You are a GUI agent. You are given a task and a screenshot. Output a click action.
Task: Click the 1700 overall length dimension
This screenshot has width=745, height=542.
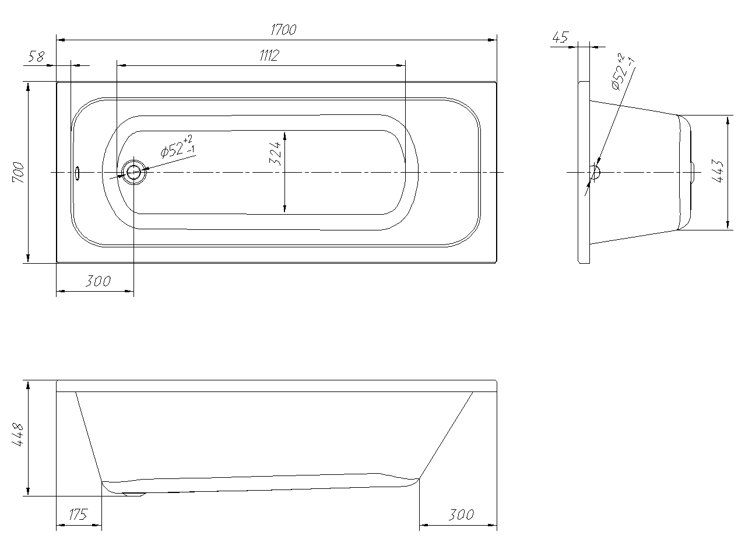283,30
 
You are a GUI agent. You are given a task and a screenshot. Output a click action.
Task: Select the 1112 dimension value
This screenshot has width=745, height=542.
269,55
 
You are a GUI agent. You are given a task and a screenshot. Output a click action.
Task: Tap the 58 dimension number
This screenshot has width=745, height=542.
36,56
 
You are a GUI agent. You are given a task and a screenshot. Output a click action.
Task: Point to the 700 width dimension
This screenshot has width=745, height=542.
19,173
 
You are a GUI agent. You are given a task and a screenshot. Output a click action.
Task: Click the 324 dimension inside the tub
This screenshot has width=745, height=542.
275,153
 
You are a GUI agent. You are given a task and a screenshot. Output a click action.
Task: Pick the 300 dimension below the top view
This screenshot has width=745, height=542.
98,281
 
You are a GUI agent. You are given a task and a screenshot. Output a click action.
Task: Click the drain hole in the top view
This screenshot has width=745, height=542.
133,172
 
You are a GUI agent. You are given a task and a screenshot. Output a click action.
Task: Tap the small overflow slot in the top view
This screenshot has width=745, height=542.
77,173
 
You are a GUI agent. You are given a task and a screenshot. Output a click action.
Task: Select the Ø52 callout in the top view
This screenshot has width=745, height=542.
178,147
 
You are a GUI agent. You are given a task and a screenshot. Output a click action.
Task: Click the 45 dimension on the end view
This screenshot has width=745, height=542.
560,37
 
